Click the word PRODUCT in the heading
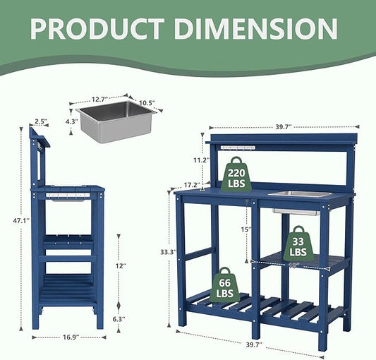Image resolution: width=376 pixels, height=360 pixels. pyautogui.click(x=97, y=29)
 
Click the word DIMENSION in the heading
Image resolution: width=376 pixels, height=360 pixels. pyautogui.click(x=256, y=29)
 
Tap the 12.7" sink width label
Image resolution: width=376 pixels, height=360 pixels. pyautogui.click(x=99, y=99)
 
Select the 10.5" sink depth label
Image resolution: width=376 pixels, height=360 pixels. pyautogui.click(x=147, y=103)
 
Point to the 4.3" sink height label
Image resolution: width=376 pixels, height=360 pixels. pyautogui.click(x=72, y=121)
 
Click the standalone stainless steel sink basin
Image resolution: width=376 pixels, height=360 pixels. pyautogui.click(x=116, y=121)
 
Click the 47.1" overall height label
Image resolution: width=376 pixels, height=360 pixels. pyautogui.click(x=21, y=220)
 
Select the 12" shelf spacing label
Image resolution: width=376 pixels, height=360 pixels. pyautogui.click(x=121, y=266)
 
